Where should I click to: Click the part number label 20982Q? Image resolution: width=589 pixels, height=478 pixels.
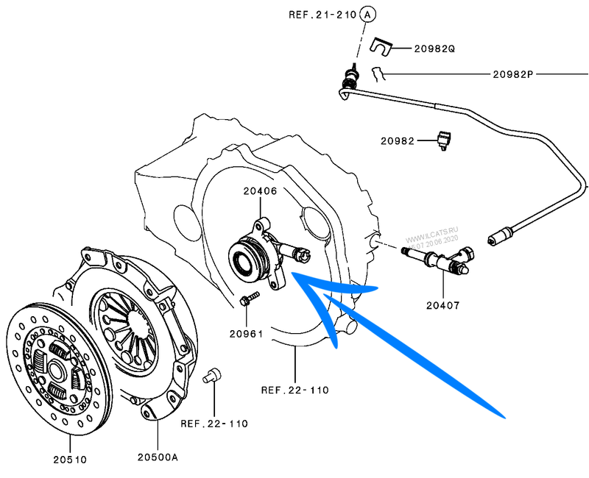pyautogui.click(x=434, y=49)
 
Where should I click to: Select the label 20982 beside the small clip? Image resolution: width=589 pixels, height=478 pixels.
pyautogui.click(x=398, y=140)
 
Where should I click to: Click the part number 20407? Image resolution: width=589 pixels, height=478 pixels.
pyautogui.click(x=442, y=304)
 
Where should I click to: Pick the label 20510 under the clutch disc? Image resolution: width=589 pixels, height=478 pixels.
pyautogui.click(x=70, y=460)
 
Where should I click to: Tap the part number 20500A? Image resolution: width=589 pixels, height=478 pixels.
pyautogui.click(x=158, y=457)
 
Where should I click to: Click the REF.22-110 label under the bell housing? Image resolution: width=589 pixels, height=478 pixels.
pyautogui.click(x=295, y=390)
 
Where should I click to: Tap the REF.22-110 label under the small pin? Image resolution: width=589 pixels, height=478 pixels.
pyautogui.click(x=214, y=424)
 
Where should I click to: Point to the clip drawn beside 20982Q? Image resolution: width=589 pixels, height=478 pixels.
pyautogui.click(x=379, y=47)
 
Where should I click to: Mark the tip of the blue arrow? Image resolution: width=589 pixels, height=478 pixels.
pyautogui.click(x=294, y=274)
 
